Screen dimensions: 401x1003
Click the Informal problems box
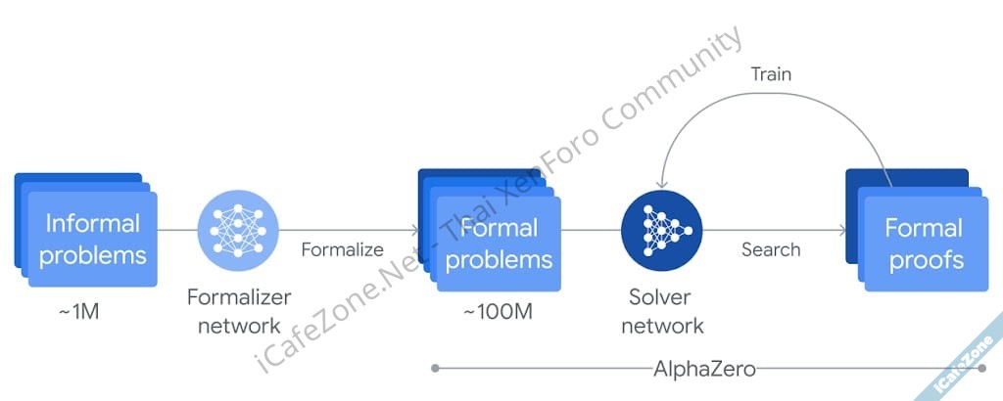(x=93, y=239)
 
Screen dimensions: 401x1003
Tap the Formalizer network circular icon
(x=238, y=231)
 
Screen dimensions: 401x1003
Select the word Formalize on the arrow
(x=342, y=249)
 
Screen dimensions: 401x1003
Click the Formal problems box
(x=499, y=244)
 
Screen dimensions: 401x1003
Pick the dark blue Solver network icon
(x=661, y=232)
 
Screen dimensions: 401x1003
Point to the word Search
(x=771, y=249)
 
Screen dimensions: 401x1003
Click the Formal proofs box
(x=924, y=245)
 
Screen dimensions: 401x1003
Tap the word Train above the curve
(x=771, y=74)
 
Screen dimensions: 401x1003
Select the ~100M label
(x=499, y=313)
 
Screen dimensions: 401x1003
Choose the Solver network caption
(x=661, y=311)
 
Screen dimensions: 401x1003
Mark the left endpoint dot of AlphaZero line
(x=434, y=369)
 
